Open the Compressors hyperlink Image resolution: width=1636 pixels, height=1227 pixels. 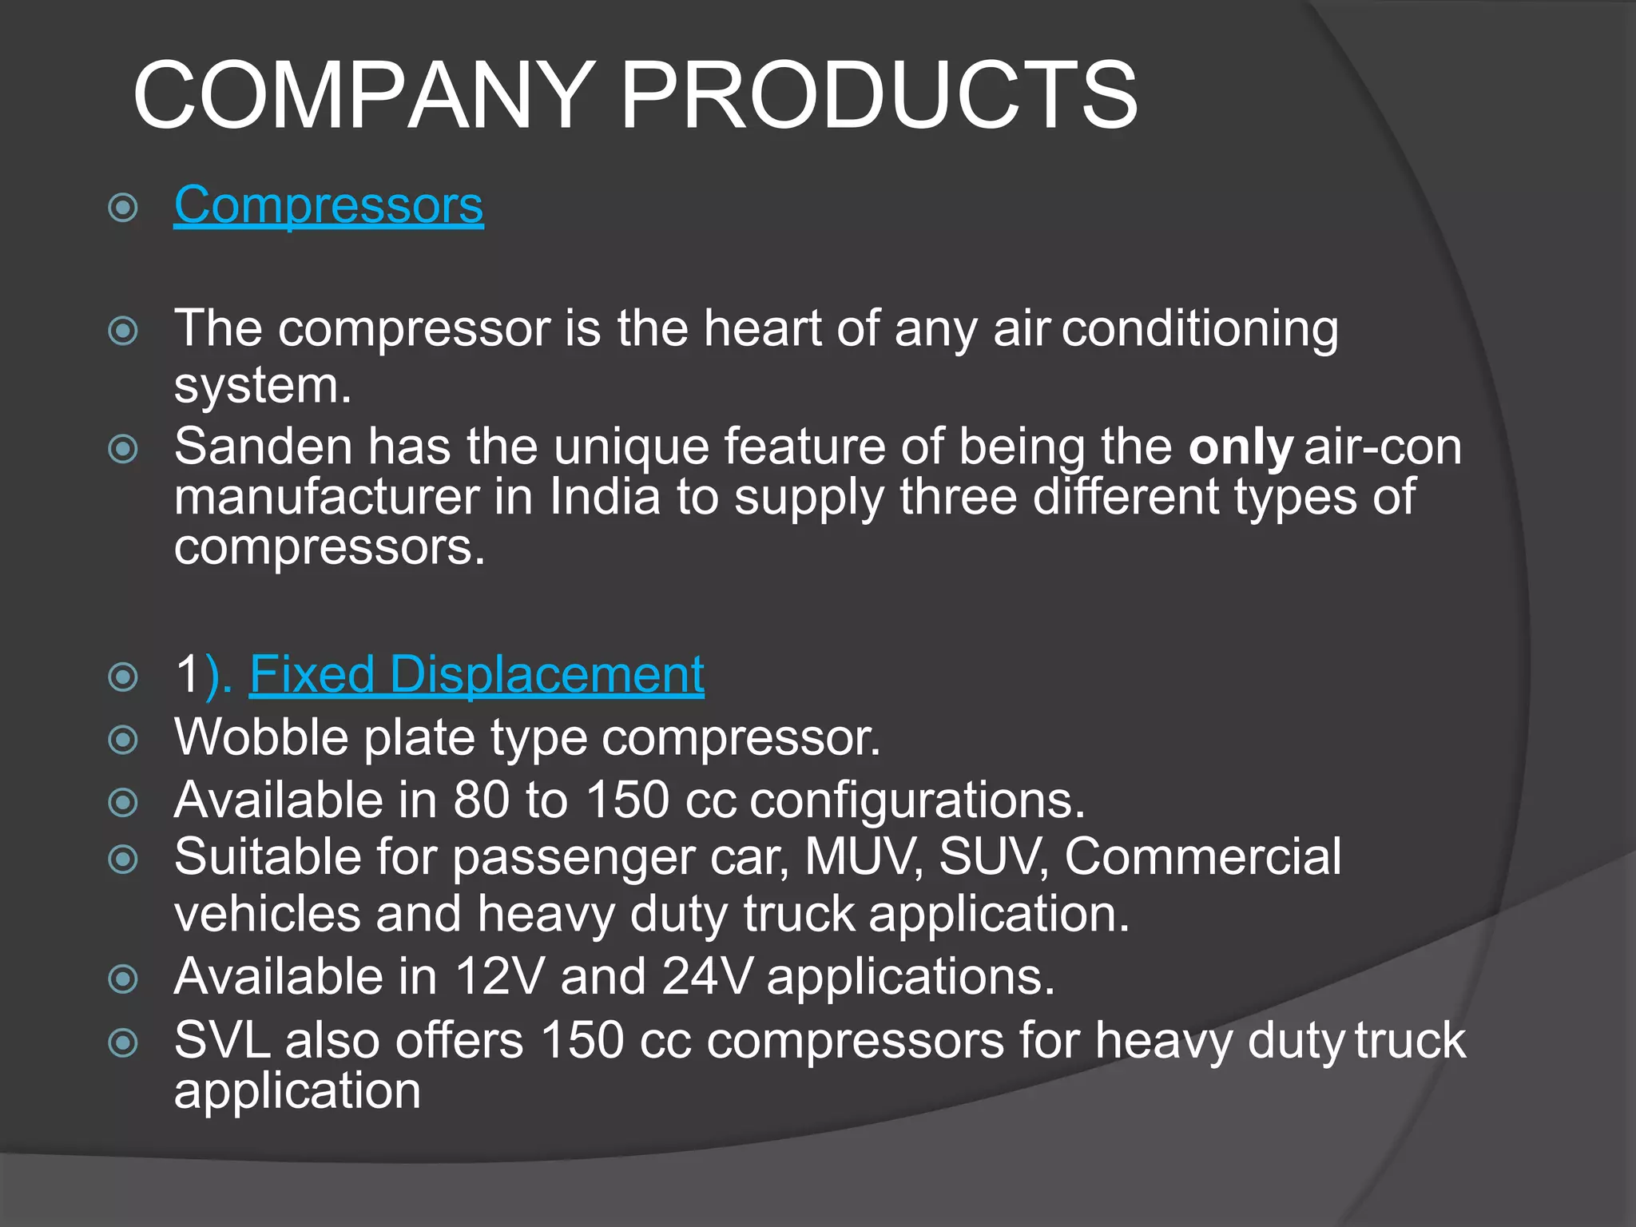coord(328,205)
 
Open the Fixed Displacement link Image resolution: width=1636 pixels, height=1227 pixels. coord(476,674)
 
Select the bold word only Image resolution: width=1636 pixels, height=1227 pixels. coord(1240,447)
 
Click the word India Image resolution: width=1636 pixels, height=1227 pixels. coord(605,497)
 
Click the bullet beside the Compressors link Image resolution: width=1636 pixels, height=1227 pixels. coord(123,208)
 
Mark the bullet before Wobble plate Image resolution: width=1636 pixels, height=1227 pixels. coord(123,740)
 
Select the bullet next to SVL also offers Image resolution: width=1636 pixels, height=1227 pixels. coord(123,1042)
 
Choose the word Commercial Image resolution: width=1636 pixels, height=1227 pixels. coord(1202,857)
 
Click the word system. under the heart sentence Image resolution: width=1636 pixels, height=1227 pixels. coord(263,387)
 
